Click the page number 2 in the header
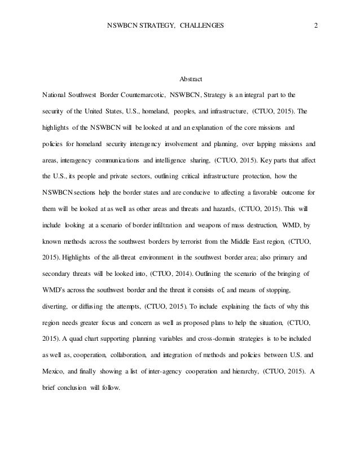(x=315, y=26)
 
